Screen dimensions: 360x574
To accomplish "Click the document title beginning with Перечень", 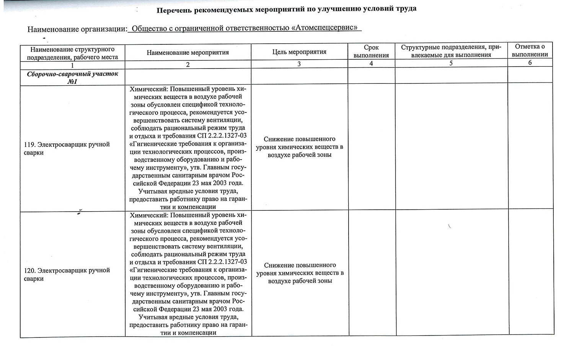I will tap(286, 9).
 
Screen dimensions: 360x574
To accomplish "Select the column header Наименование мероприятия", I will tap(188, 52).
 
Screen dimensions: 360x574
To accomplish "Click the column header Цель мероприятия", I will tap(299, 52).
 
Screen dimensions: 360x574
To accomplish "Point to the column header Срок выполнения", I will tap(371, 51).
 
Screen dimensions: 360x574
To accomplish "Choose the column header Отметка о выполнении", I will tap(530, 50).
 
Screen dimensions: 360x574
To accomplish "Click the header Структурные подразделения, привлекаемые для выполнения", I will tap(451, 51).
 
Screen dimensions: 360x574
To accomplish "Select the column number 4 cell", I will tap(371, 64).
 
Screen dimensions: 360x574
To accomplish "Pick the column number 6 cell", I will tap(530, 63).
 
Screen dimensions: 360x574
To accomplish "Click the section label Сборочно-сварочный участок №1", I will tap(72, 78).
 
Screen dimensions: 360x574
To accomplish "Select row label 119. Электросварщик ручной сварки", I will tap(67, 148).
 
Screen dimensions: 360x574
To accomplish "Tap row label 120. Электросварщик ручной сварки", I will tap(67, 274).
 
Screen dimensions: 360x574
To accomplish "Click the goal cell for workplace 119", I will tap(300, 147).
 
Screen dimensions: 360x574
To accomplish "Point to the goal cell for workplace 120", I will tap(300, 273).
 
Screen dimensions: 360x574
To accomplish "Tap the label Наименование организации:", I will tap(77, 29).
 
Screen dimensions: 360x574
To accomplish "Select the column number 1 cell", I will tap(72, 65).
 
